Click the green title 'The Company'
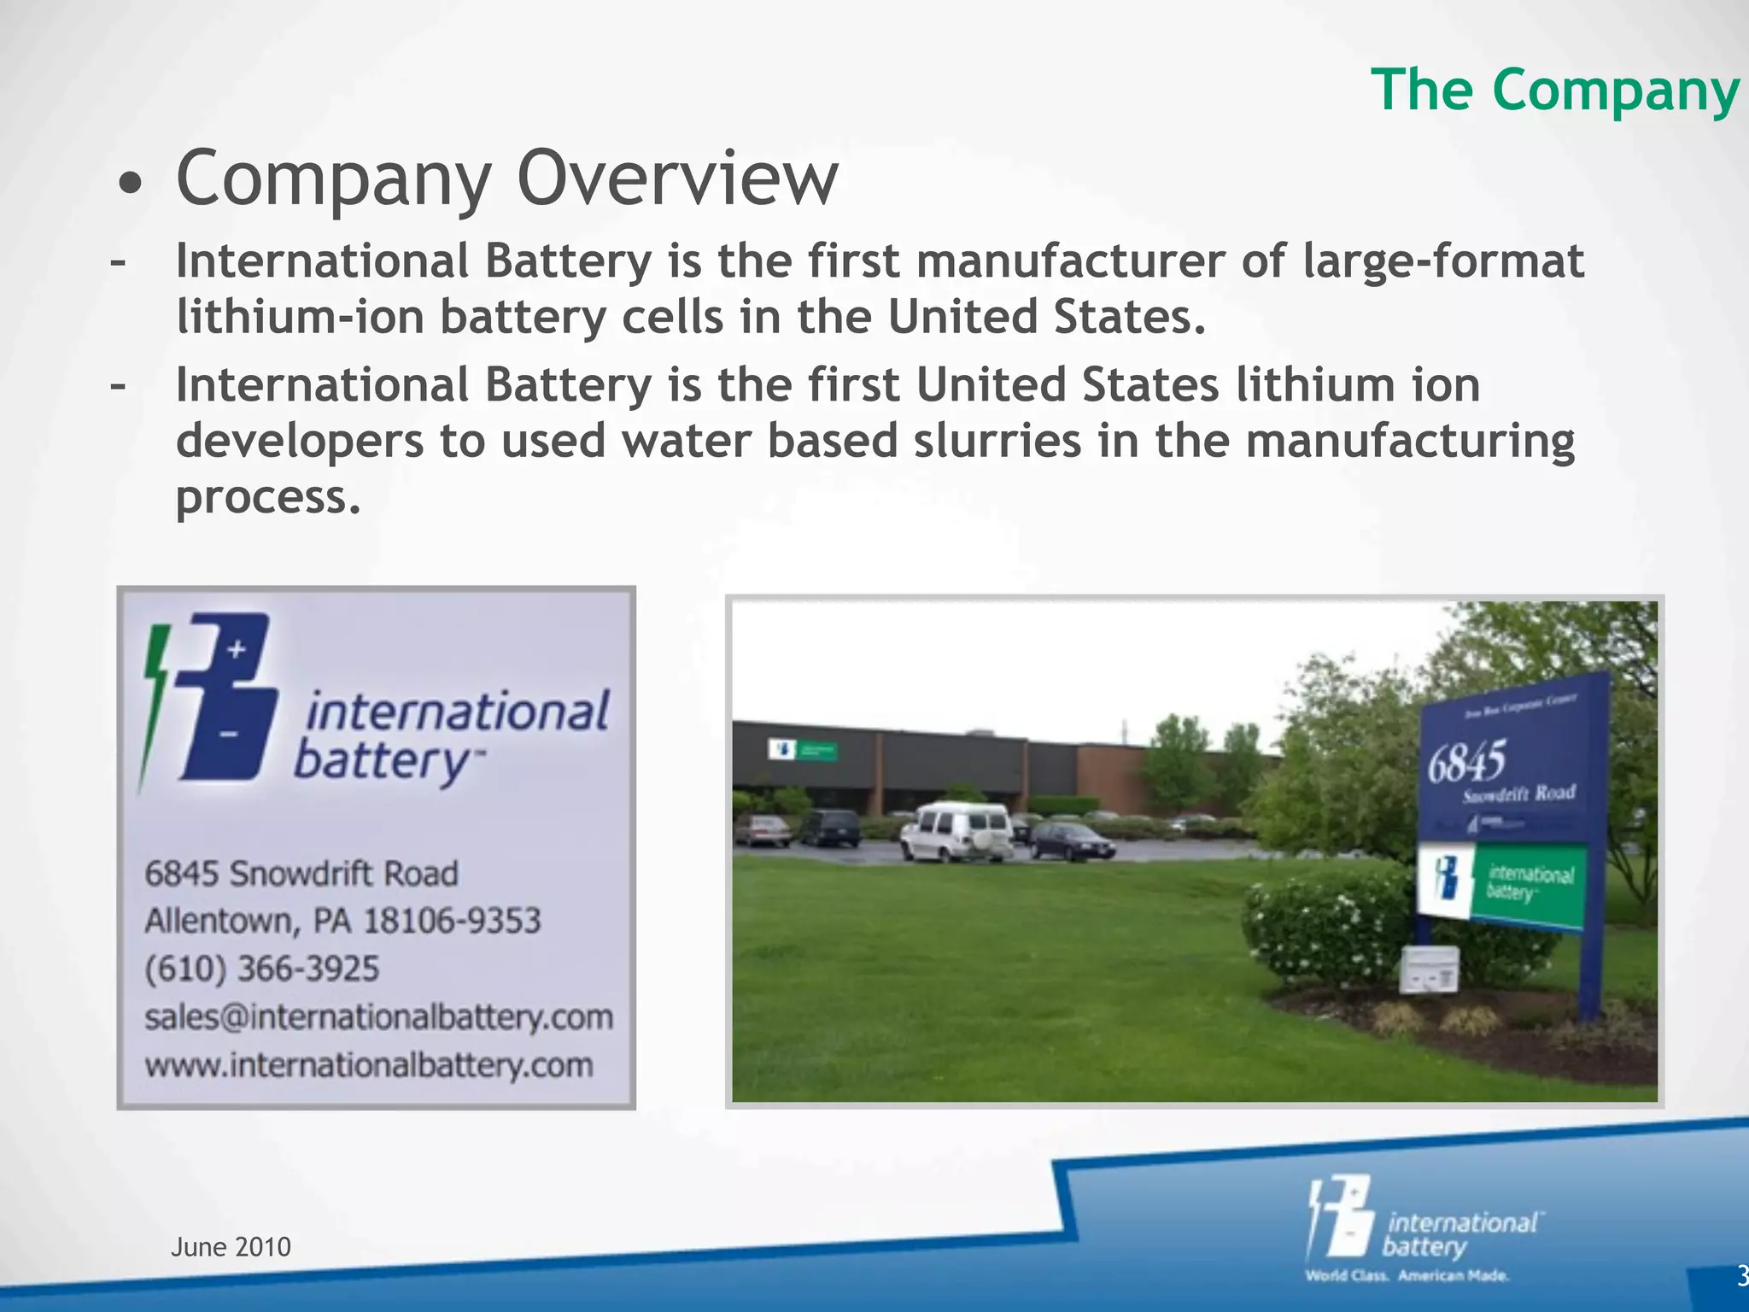(1555, 91)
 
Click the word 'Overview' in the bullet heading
(677, 179)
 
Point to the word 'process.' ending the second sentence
(268, 497)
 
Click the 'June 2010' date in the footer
(231, 1247)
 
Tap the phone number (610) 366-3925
(261, 969)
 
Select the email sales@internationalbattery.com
(378, 1016)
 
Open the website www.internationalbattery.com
(368, 1065)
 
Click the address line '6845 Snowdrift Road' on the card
(301, 873)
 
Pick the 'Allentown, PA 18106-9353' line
(342, 921)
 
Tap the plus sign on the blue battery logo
(237, 649)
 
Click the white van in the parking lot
(956, 830)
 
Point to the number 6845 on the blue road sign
(1466, 760)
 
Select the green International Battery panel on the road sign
(1529, 884)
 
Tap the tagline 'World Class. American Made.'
(1407, 1276)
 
